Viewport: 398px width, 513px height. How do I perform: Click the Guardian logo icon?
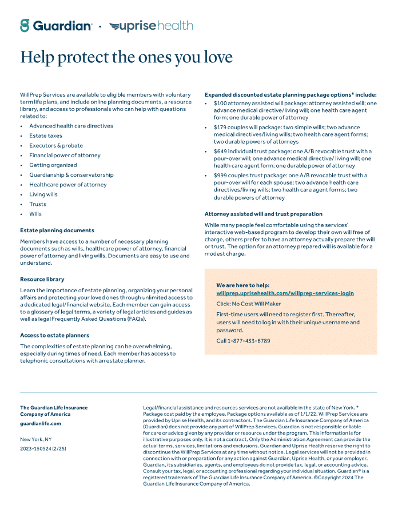pos(25,26)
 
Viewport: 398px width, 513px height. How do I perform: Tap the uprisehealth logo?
pos(151,26)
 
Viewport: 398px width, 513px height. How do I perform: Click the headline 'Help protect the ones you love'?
pos(126,57)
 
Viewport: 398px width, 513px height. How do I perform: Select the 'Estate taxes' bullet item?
pos(46,136)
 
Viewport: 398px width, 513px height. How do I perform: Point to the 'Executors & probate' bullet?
pos(56,145)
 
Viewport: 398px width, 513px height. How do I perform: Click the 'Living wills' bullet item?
pos(43,194)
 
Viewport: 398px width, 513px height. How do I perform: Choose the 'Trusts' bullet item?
pos(38,204)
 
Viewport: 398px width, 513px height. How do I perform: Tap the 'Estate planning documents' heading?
pos(57,230)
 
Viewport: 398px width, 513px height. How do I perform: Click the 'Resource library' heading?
pos(42,279)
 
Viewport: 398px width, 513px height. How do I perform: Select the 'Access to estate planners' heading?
pos(55,335)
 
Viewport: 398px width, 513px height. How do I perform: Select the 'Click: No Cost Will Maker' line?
pos(249,304)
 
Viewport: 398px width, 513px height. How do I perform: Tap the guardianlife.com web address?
pos(41,424)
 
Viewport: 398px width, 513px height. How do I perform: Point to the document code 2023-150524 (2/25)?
pos(43,449)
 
